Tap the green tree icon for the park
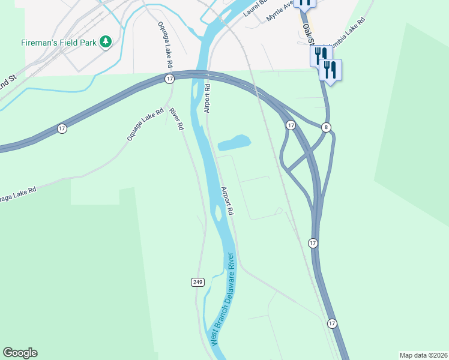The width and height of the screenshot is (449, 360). (x=106, y=41)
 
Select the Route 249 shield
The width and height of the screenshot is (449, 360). (x=198, y=282)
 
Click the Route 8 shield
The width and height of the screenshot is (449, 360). (x=326, y=127)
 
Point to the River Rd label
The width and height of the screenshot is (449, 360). (x=175, y=119)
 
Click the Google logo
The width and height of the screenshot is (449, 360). (x=20, y=353)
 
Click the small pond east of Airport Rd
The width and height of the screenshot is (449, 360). (x=235, y=142)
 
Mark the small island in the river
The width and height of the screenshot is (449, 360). (x=218, y=212)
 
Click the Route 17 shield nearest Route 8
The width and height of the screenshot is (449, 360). (x=291, y=125)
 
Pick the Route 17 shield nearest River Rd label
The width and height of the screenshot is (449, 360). (x=170, y=79)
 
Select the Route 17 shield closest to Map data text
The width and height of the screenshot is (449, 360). (x=332, y=323)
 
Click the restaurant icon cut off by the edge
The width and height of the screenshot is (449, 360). (x=306, y=3)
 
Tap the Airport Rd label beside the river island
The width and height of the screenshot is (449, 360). (x=228, y=202)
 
